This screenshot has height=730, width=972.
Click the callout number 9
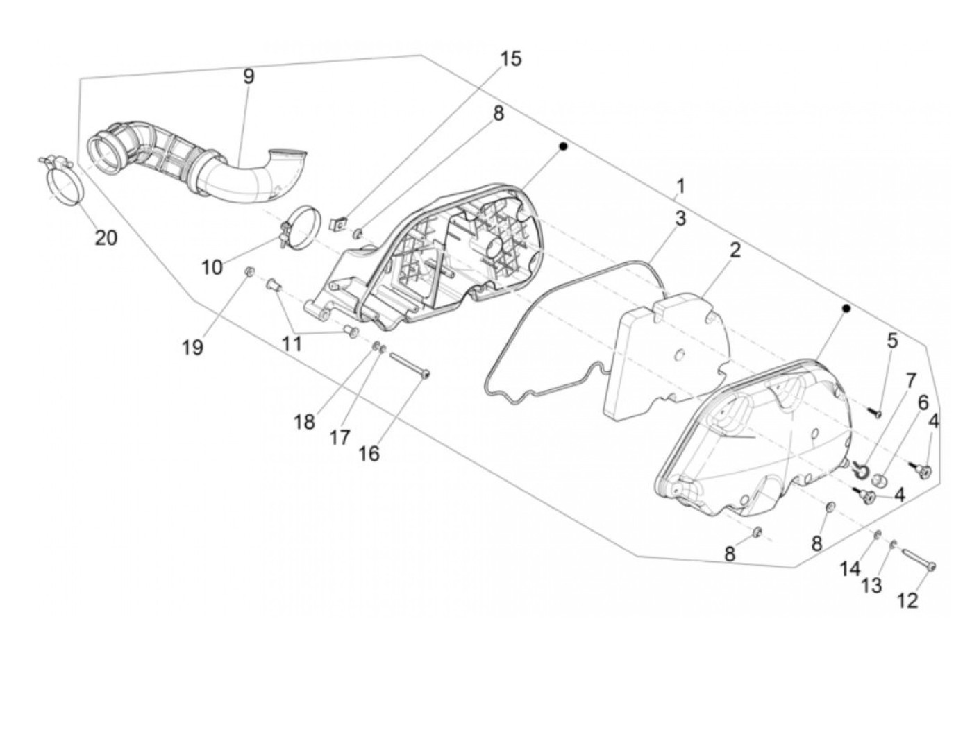tap(248, 76)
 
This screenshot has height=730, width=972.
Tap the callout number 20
tap(106, 238)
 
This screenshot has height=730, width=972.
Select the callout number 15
tap(510, 59)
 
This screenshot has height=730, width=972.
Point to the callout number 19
tap(193, 348)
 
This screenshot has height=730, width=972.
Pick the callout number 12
tap(907, 600)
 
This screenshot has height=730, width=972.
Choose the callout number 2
tap(735, 250)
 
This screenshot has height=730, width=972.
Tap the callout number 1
tap(680, 186)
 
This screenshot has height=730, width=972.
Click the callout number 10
tap(212, 266)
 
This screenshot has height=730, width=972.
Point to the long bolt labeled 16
tap(410, 365)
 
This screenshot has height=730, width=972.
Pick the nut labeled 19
tap(250, 271)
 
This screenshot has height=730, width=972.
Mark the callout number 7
tap(910, 380)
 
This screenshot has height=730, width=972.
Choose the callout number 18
tap(304, 421)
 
